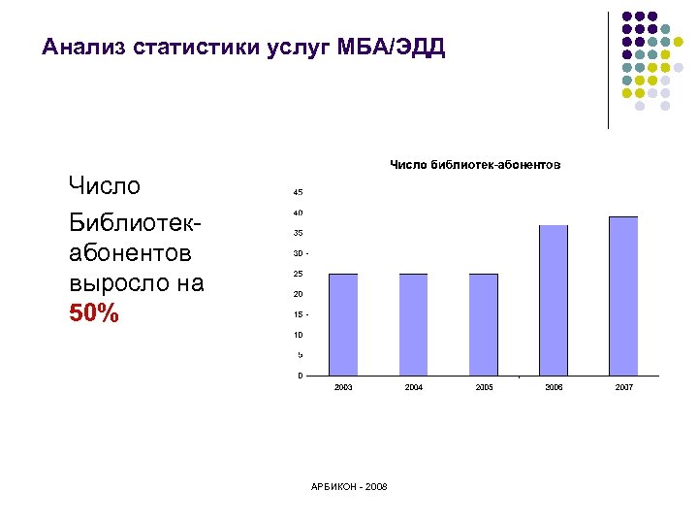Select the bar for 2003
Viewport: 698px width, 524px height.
pos(343,324)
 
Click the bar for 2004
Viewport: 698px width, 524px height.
pos(413,324)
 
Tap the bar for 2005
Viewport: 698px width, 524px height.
pos(483,324)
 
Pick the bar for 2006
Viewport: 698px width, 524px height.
pos(553,300)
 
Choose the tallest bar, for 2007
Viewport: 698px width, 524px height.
pos(623,296)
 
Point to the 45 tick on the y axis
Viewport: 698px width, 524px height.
pos(298,191)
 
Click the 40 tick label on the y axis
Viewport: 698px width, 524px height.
pos(298,213)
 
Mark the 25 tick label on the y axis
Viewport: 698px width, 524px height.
pos(298,274)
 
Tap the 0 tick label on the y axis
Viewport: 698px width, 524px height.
pos(300,376)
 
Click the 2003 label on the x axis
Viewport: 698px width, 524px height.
pos(343,387)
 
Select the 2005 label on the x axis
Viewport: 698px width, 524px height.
pos(484,387)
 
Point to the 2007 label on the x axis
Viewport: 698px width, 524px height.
pos(623,387)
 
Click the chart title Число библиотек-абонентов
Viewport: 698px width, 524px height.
pos(474,165)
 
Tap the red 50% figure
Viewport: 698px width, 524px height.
pos(94,314)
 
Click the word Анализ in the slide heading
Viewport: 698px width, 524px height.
pos(84,47)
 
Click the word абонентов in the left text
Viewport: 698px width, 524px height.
pos(130,252)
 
